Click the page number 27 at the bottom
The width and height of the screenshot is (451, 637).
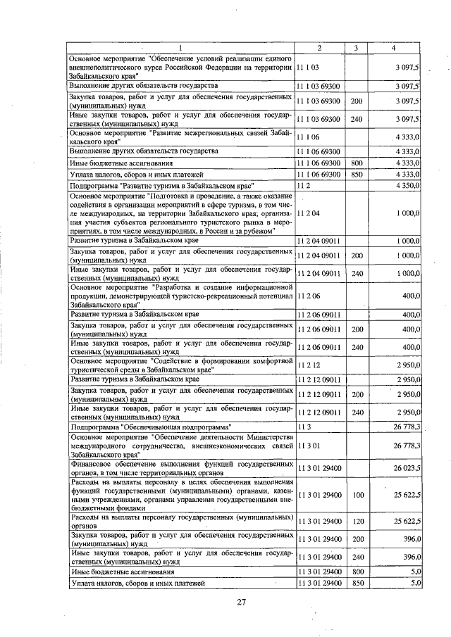(x=240, y=603)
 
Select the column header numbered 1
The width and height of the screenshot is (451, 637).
(x=180, y=47)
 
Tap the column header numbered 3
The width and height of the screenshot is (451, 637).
(x=357, y=47)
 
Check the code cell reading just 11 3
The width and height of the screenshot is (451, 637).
(x=304, y=427)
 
